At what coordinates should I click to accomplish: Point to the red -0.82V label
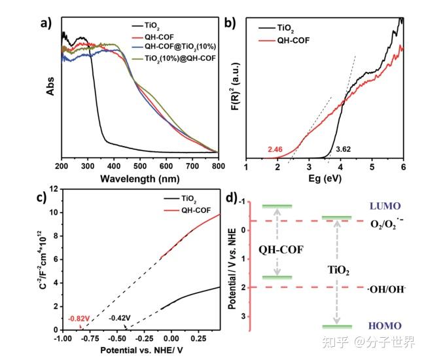tap(77, 318)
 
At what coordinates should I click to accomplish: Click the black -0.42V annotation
tap(118, 318)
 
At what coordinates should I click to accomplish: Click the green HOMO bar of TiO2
tap(336, 326)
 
